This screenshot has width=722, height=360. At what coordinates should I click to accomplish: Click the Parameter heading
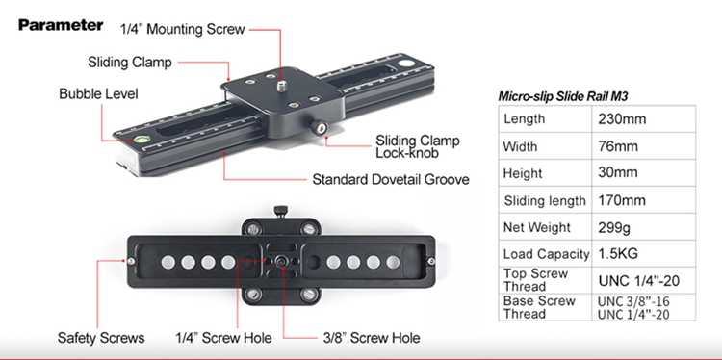point(61,25)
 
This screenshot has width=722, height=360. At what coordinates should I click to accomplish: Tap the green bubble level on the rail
point(142,138)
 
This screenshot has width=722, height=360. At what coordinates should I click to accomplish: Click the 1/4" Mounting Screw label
point(182,29)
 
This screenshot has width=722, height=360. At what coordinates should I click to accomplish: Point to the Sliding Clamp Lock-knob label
point(418,146)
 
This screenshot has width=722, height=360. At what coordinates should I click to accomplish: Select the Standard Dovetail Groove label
point(391,179)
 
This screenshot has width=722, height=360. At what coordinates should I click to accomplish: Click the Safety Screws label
point(101,338)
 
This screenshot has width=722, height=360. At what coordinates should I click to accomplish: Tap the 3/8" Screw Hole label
point(372,338)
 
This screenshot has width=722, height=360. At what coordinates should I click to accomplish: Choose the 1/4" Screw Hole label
point(223,338)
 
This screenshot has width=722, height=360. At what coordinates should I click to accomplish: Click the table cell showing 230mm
point(622,119)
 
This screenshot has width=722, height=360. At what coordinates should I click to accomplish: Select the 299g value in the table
point(614,227)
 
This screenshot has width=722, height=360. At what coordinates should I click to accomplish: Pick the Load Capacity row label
point(546,254)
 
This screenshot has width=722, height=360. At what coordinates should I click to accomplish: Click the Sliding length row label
point(545,201)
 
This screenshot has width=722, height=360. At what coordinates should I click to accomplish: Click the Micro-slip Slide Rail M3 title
point(563,96)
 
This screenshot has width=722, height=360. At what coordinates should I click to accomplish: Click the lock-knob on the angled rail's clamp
point(320,127)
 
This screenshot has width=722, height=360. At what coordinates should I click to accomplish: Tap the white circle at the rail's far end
point(406,64)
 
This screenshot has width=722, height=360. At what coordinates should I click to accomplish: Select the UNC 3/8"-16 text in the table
point(633,301)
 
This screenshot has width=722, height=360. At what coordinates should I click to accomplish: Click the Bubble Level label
point(98,94)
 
